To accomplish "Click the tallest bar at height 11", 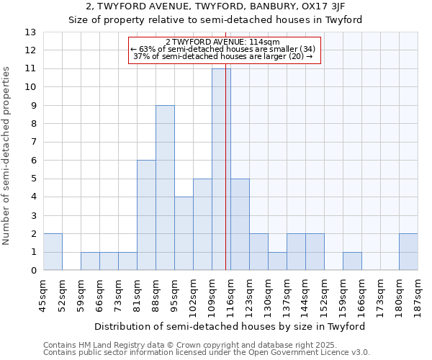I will coord(220,169).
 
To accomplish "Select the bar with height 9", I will coord(165,188).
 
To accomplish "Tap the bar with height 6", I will coord(146,215).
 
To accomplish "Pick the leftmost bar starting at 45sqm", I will coord(53,252).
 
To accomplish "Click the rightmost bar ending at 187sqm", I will coord(408,252).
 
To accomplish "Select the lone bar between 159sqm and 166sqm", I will coord(352,261).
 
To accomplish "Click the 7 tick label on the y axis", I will coord(32,142).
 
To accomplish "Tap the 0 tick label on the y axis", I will coord(32,271).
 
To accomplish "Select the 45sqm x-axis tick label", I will coord(44,294).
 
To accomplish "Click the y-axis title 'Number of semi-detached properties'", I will coord(6,155).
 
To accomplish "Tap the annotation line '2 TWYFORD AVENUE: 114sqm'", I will coord(222,42).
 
